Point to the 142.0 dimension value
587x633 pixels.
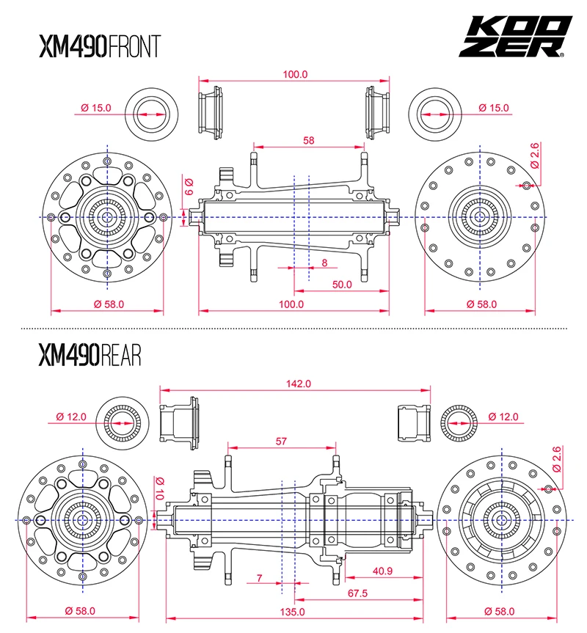[299, 384]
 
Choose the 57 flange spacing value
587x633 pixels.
[282, 442]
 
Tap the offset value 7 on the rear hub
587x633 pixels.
[260, 578]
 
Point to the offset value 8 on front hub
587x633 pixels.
[324, 262]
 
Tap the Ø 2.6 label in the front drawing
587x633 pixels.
[534, 155]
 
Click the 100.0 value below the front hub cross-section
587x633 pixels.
[291, 304]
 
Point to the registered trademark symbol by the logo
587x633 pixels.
[561, 54]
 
